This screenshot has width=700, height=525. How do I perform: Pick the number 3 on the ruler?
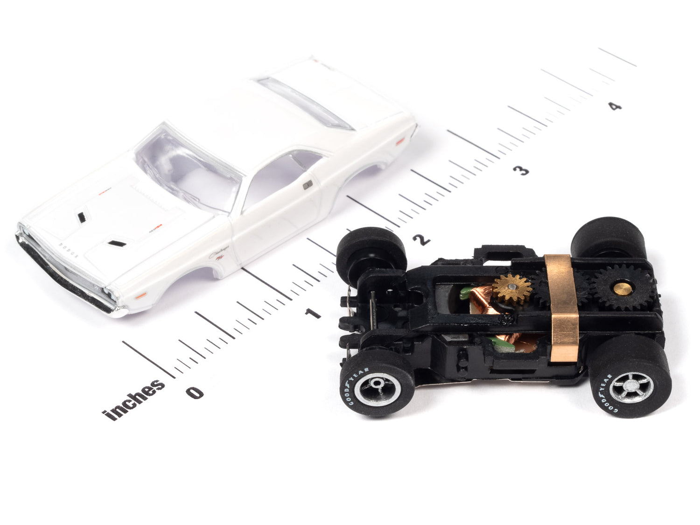(522, 170)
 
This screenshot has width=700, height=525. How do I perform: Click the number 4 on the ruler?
(616, 106)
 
